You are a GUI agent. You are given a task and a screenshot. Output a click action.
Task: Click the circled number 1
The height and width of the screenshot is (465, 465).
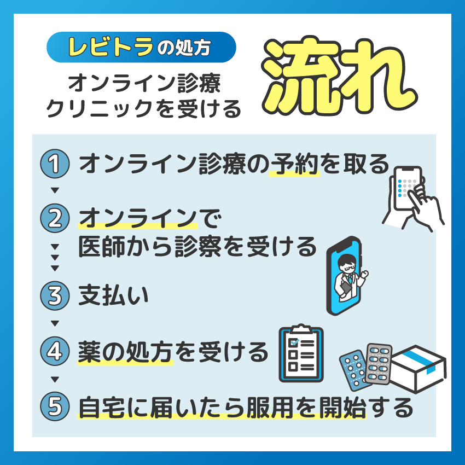(x=55, y=164)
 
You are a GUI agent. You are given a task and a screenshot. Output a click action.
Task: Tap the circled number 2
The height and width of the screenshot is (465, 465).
(x=55, y=218)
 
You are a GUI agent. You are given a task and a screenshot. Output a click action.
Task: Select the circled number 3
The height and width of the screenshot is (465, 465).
(x=55, y=295)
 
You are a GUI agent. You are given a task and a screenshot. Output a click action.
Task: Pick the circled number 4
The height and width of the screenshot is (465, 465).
(x=55, y=351)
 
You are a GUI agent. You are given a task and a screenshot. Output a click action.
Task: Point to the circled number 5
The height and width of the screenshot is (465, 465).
(x=55, y=406)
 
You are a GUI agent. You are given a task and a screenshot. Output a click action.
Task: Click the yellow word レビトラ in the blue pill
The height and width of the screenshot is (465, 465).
(x=111, y=47)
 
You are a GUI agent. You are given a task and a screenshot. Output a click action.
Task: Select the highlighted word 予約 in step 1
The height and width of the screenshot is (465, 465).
(x=294, y=164)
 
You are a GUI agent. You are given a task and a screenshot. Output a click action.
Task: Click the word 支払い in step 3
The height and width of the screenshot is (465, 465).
(x=113, y=295)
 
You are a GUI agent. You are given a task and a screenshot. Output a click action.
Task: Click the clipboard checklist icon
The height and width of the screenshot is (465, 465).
(x=301, y=353)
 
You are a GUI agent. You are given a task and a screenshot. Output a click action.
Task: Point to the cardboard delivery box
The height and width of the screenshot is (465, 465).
(x=418, y=369)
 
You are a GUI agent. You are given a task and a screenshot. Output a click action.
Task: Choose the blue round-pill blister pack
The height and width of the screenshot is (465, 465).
(x=354, y=371)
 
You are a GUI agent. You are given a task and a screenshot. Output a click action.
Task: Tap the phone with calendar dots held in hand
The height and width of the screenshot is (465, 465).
(x=408, y=188)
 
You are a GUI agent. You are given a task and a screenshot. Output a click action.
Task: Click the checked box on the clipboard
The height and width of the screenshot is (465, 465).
(x=294, y=343)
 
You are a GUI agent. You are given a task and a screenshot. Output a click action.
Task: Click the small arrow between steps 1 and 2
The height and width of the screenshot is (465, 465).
(x=55, y=190)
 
